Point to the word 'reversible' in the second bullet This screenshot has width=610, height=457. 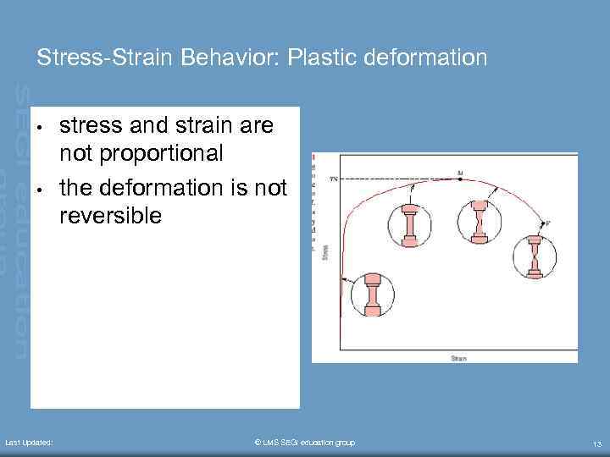coord(109,215)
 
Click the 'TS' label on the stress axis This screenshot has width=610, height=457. coord(333,179)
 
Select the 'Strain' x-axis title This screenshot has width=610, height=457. coord(457,359)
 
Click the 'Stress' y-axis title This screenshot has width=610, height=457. coord(325,251)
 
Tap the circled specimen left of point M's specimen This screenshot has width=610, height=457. coord(409,223)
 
